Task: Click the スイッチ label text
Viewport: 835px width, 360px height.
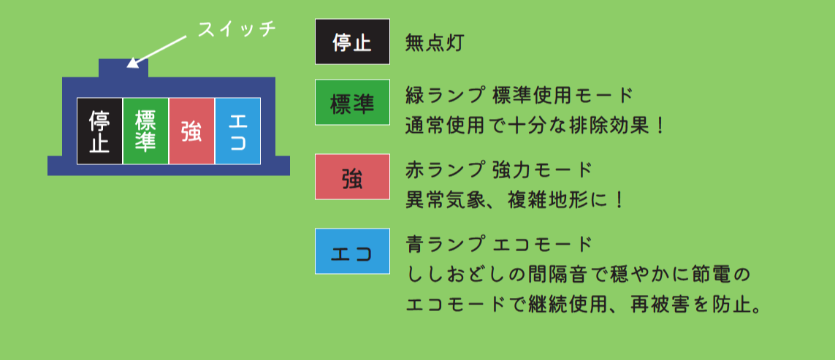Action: [237, 28]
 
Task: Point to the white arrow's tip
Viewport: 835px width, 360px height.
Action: [126, 67]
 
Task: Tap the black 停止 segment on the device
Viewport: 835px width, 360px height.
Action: [100, 131]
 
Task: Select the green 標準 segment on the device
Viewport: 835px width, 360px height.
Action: [146, 131]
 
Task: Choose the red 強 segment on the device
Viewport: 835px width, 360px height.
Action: [192, 131]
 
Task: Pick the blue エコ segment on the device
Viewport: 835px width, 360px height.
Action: [237, 131]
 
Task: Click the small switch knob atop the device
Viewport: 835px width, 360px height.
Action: [123, 68]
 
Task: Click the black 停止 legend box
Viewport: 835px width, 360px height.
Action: [353, 42]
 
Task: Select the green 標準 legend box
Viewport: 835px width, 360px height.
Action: [353, 102]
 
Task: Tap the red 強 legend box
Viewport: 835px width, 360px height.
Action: [353, 177]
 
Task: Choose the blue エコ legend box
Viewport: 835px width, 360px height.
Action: [353, 251]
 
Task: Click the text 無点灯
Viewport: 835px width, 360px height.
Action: [433, 42]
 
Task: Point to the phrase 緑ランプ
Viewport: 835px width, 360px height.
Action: [443, 96]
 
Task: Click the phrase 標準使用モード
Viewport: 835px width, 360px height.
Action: [563, 96]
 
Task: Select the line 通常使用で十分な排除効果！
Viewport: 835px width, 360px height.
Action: [535, 126]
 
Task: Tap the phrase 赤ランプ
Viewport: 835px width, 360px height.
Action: [443, 170]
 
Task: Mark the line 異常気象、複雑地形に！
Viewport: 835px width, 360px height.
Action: [514, 201]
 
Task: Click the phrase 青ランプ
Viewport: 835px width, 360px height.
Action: [443, 245]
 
